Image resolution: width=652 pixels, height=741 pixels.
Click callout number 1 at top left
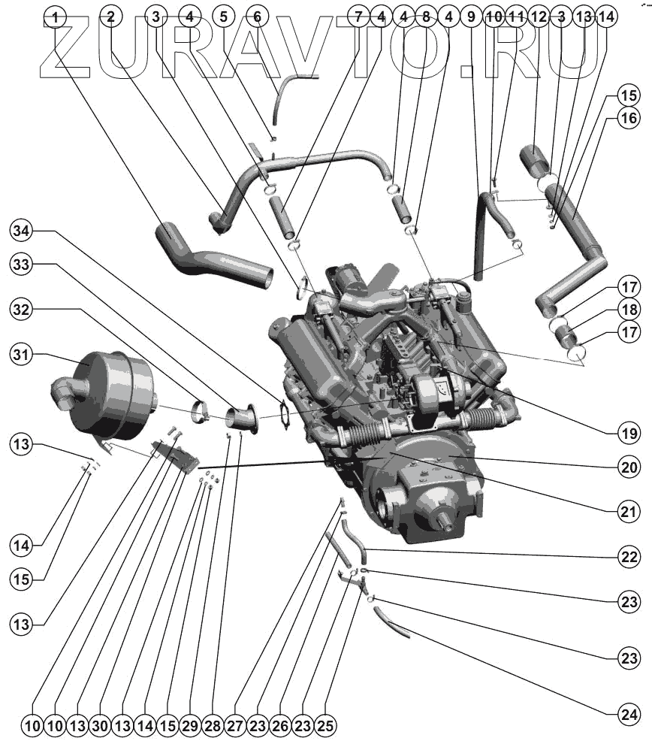[x=55, y=16]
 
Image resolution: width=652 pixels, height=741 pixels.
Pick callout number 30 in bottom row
[x=100, y=726]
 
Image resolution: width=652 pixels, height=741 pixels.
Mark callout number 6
[x=256, y=16]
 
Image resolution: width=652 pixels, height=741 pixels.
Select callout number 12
[x=538, y=16]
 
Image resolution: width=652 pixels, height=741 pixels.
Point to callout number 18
[x=629, y=309]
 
